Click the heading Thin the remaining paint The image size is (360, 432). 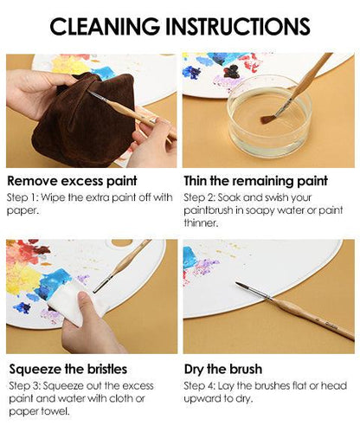pyautogui.click(x=255, y=182)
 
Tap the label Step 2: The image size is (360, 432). pyautogui.click(x=201, y=197)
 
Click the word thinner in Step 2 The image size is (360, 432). pyautogui.click(x=200, y=225)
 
